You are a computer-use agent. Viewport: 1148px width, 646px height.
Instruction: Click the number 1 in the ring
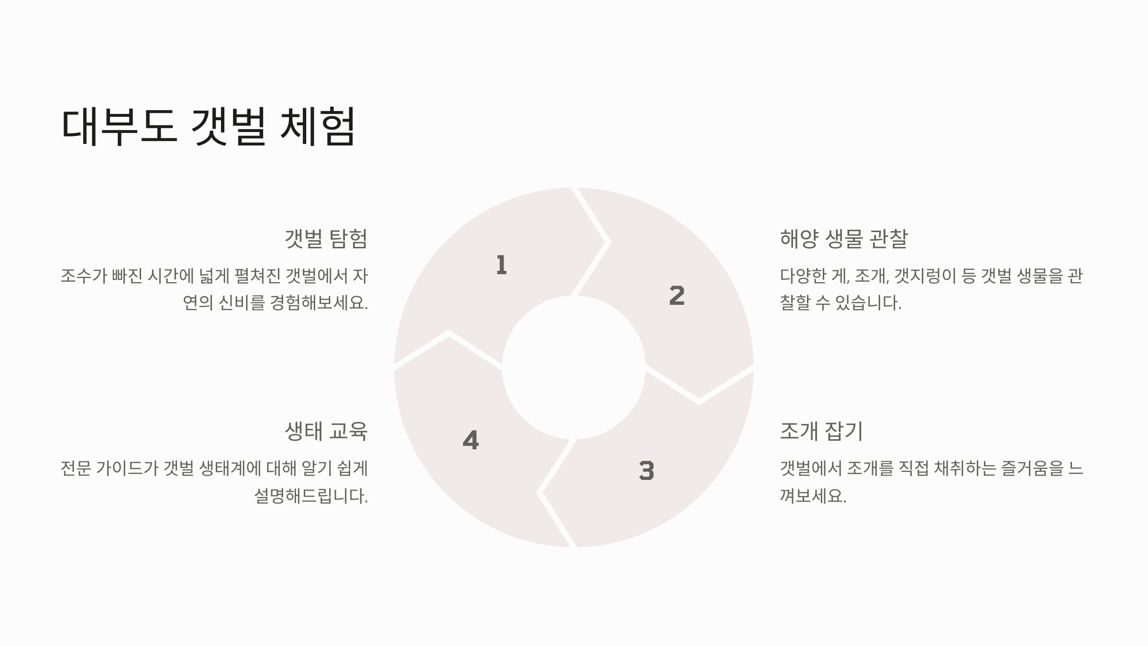point(501,265)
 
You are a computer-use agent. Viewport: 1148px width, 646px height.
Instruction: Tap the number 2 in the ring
point(677,296)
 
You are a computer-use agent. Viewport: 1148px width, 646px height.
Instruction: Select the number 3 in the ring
point(646,470)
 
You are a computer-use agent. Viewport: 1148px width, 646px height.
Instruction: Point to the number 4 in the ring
point(471,440)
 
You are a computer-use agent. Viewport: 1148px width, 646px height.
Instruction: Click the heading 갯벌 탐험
point(326,238)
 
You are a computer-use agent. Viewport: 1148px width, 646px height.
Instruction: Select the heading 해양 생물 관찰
point(843,238)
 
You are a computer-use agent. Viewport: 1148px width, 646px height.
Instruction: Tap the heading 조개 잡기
point(821,431)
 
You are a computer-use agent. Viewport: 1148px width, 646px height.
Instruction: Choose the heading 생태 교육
point(326,431)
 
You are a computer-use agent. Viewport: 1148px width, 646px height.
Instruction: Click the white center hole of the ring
point(574,367)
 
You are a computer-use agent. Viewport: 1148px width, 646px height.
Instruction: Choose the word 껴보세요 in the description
point(813,496)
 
